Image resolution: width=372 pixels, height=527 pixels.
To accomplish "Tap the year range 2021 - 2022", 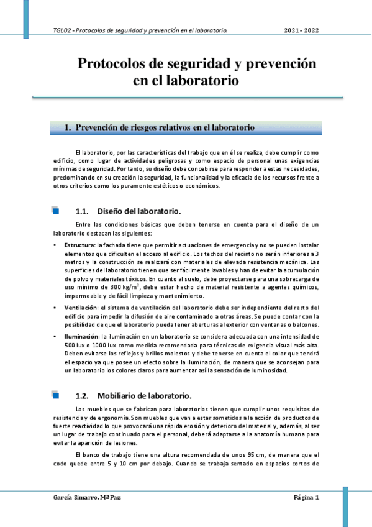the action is point(302,30).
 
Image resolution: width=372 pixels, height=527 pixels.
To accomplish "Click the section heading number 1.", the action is point(68,127).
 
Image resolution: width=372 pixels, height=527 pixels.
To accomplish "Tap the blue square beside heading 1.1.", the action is point(55,211).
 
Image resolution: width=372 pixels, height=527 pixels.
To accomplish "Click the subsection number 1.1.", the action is point(83,211).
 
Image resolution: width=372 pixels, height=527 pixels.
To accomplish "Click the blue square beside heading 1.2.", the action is point(55,395).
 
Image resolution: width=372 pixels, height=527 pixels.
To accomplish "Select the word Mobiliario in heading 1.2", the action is point(122,395).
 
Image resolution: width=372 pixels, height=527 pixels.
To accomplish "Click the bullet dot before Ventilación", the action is point(56,308).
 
